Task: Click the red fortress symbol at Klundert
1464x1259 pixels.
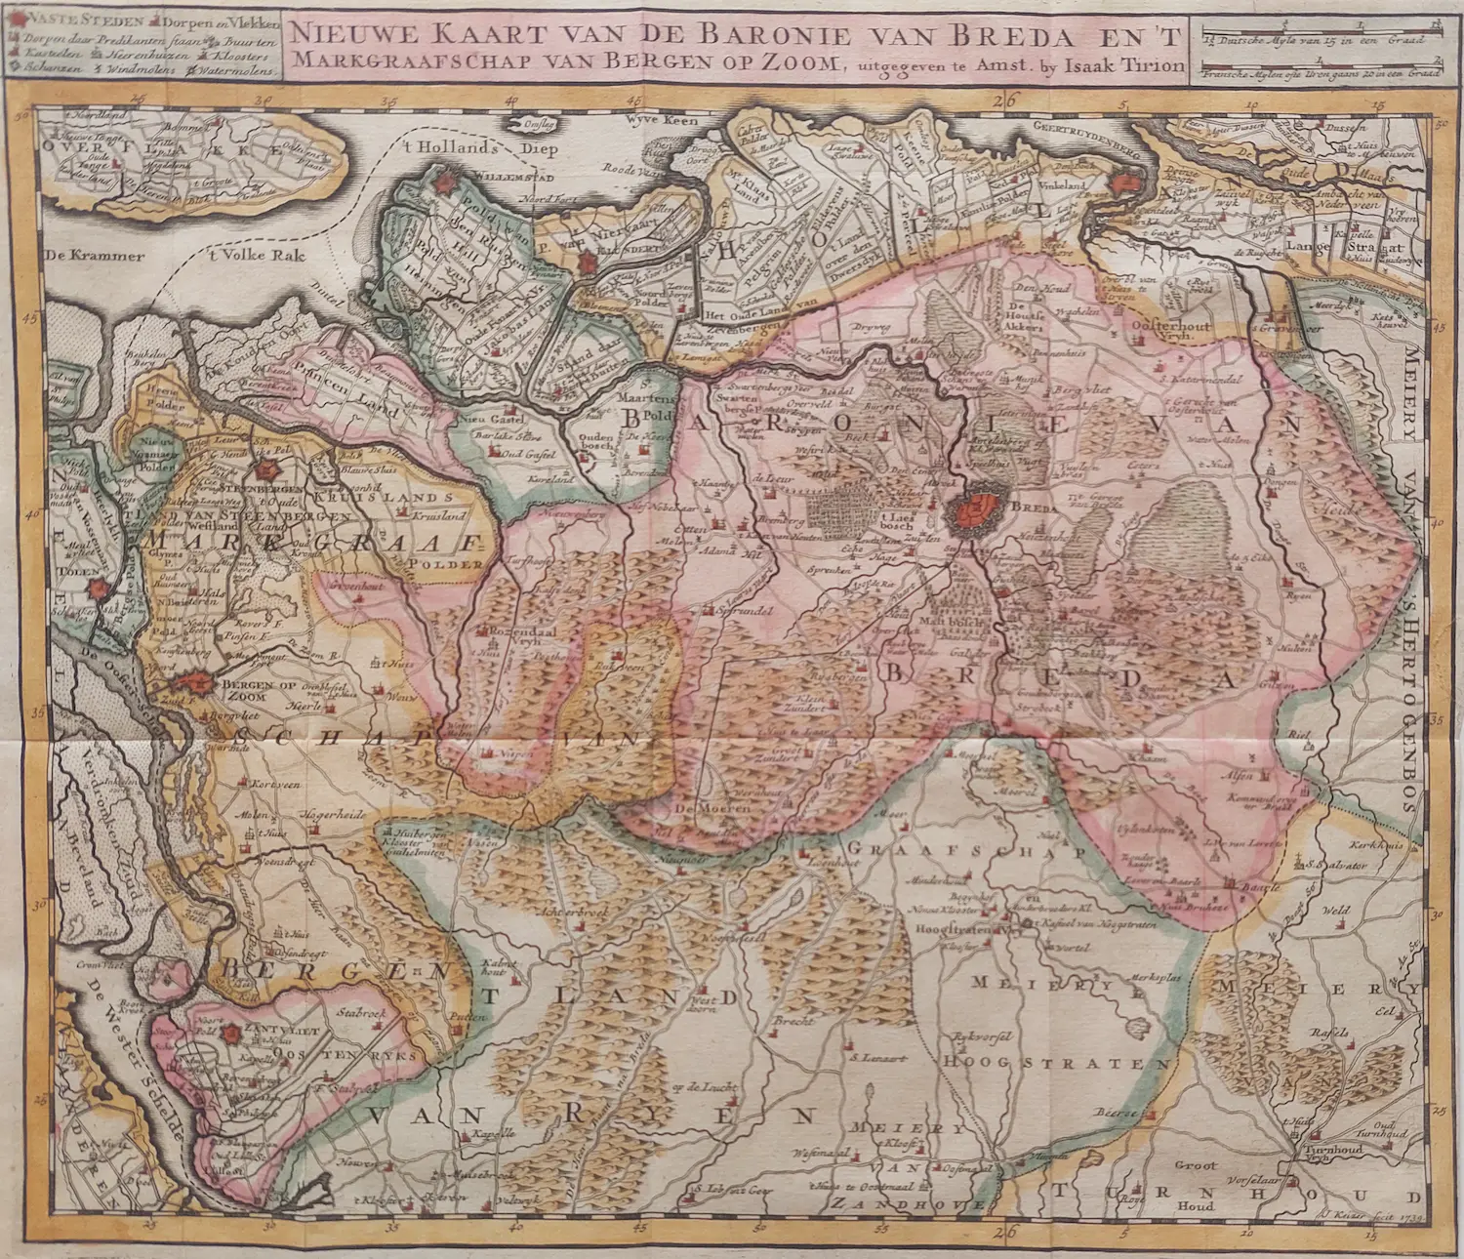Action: pyautogui.click(x=589, y=263)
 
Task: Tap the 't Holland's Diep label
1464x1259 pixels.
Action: pyautogui.click(x=458, y=148)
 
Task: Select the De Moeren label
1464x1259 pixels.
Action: pyautogui.click(x=712, y=808)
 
